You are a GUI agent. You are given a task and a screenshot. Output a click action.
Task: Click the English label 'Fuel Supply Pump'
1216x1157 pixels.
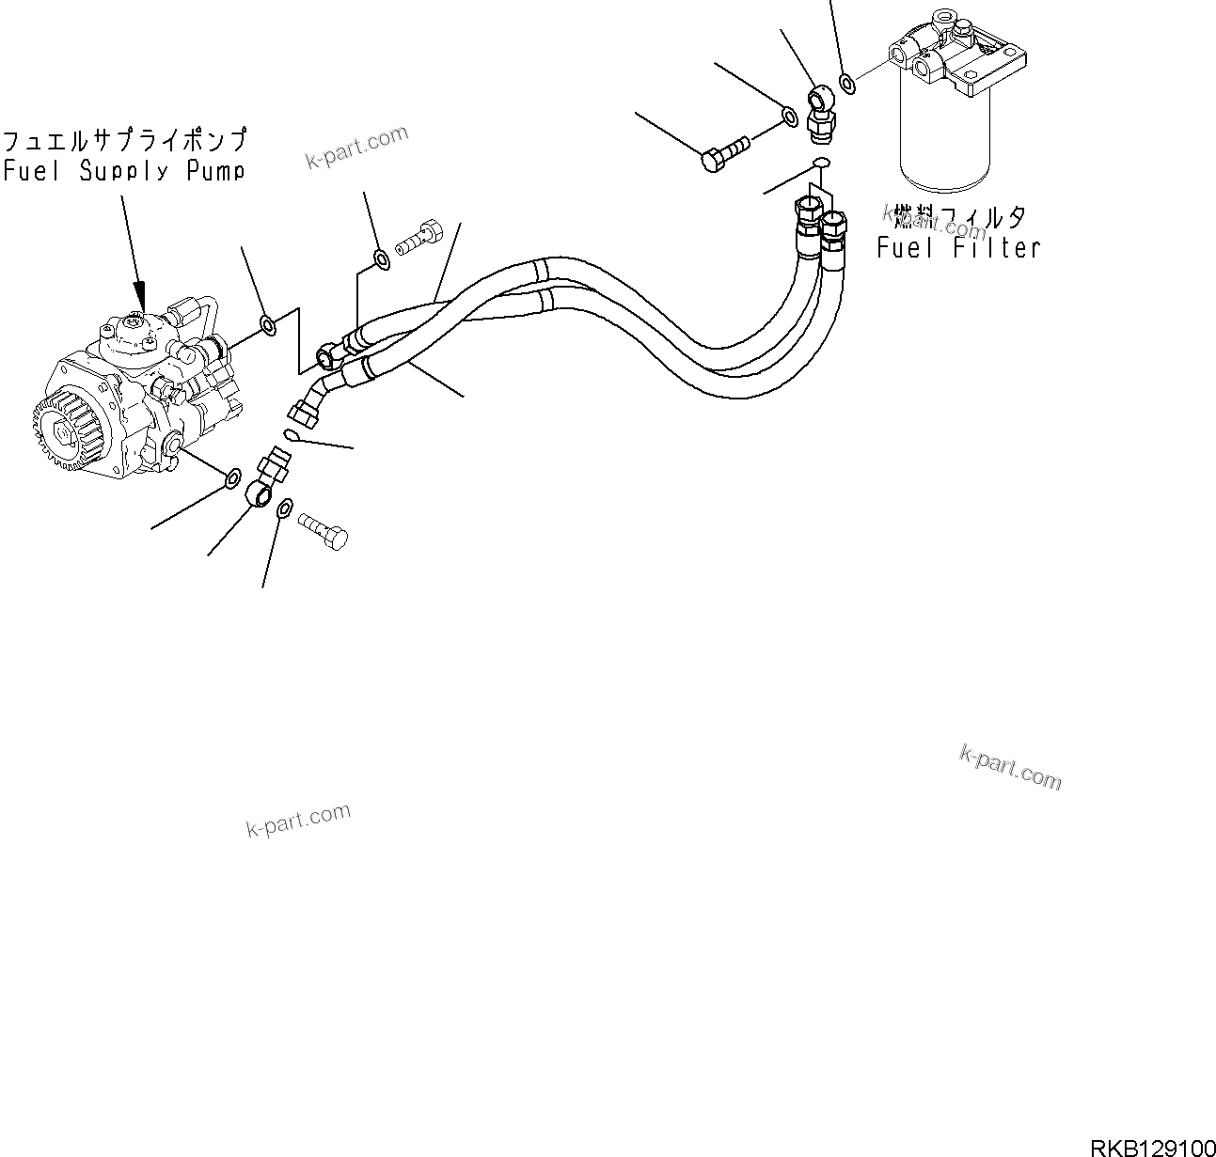point(123,172)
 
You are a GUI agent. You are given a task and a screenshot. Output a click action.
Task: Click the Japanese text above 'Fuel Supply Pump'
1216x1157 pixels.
point(124,141)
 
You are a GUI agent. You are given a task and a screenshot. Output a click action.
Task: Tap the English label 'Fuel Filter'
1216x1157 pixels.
point(958,248)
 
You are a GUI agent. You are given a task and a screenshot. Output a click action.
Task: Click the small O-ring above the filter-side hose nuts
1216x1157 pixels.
point(820,164)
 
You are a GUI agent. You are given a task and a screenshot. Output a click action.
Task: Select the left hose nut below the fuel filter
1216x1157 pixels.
point(808,215)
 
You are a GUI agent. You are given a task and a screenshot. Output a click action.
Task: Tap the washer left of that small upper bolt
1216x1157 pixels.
point(381,259)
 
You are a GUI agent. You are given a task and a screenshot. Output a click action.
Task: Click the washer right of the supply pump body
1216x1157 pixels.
point(268,325)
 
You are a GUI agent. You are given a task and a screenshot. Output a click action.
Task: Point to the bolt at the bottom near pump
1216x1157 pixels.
point(324,528)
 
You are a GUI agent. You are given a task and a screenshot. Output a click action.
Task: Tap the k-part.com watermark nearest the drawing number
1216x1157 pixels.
point(1010,768)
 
